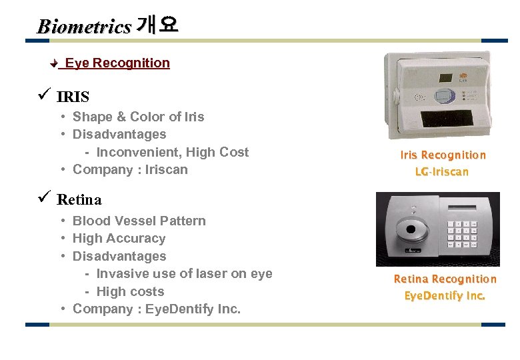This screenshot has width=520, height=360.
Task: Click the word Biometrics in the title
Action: click(84, 27)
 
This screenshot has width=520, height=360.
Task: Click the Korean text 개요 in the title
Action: click(157, 25)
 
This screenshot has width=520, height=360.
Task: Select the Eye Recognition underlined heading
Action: click(117, 63)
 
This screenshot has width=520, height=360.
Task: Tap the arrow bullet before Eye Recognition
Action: click(55, 64)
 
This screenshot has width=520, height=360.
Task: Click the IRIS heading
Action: click(73, 97)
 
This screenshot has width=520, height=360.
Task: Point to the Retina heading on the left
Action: click(79, 199)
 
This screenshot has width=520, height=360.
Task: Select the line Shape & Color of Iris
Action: click(138, 117)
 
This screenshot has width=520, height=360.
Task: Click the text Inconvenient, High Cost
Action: click(172, 152)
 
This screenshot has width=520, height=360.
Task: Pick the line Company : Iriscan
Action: click(130, 169)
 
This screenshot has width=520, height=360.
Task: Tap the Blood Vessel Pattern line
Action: click(139, 221)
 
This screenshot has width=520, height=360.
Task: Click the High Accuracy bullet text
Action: click(119, 239)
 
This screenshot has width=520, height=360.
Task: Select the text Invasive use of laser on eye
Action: click(184, 273)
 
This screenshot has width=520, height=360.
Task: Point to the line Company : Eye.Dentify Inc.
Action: click(157, 309)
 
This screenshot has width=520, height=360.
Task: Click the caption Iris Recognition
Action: click(443, 155)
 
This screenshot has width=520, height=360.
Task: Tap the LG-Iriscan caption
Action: click(442, 172)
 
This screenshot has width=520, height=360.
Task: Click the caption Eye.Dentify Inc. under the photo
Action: click(445, 295)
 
